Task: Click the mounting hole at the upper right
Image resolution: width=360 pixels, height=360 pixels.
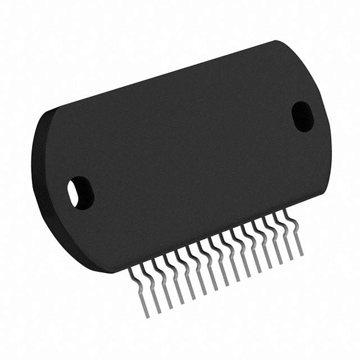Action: (302, 116)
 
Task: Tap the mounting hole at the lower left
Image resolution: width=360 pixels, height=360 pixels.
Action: (80, 192)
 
